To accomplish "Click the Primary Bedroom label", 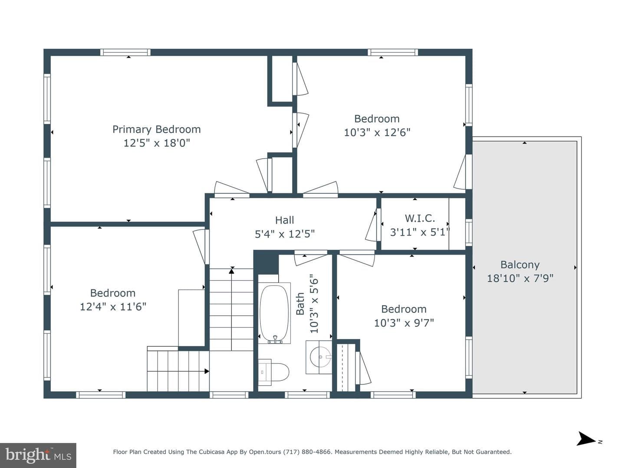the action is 157,130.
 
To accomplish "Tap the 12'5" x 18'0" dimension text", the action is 157,143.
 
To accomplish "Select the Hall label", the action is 284,220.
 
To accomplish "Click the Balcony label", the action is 520,265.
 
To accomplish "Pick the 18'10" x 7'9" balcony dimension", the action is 520,278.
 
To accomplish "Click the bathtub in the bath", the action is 275,313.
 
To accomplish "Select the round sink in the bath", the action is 320,357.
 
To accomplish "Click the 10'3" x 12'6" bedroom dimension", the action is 377,133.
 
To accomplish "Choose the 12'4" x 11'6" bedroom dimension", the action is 113,307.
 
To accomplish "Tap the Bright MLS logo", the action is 38,455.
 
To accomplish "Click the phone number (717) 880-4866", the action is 307,452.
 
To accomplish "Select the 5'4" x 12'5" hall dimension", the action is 284,234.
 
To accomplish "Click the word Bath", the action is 300,304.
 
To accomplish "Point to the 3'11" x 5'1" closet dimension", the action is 420,232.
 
